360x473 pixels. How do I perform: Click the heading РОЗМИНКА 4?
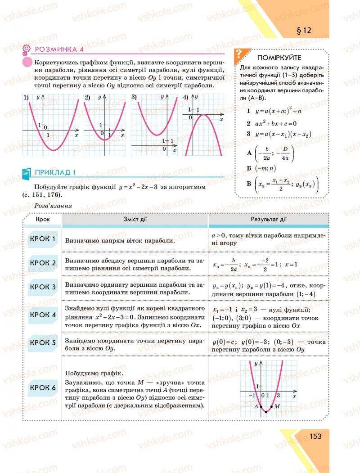tap(59, 50)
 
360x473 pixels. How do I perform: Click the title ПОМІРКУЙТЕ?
tap(279, 58)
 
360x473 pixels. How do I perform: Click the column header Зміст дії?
tap(135, 219)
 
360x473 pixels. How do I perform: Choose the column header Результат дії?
tap(269, 219)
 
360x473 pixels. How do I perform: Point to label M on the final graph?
tap(277, 406)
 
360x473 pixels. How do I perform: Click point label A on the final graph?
tap(256, 406)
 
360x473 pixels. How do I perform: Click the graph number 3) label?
tap(134, 97)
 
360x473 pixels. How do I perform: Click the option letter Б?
tap(248, 168)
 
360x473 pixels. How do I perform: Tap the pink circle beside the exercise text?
tap(27, 63)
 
